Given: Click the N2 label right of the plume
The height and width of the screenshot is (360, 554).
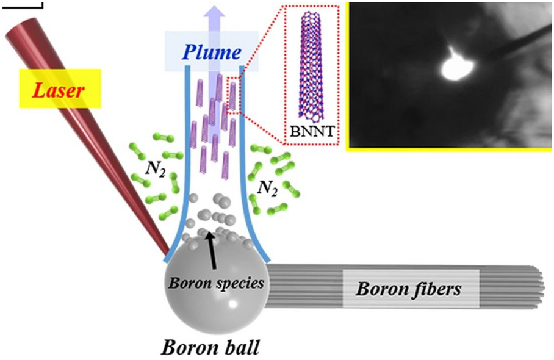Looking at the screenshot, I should click(268, 190).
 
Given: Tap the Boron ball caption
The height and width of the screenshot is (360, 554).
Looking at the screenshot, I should click(210, 348).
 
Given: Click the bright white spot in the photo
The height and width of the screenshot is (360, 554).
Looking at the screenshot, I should click(452, 68).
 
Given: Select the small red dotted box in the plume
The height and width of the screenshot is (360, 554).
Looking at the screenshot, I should click(235, 95).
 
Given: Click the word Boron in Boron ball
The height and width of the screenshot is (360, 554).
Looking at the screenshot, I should click(184, 348).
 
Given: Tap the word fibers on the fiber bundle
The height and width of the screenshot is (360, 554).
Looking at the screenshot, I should click(434, 289).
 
